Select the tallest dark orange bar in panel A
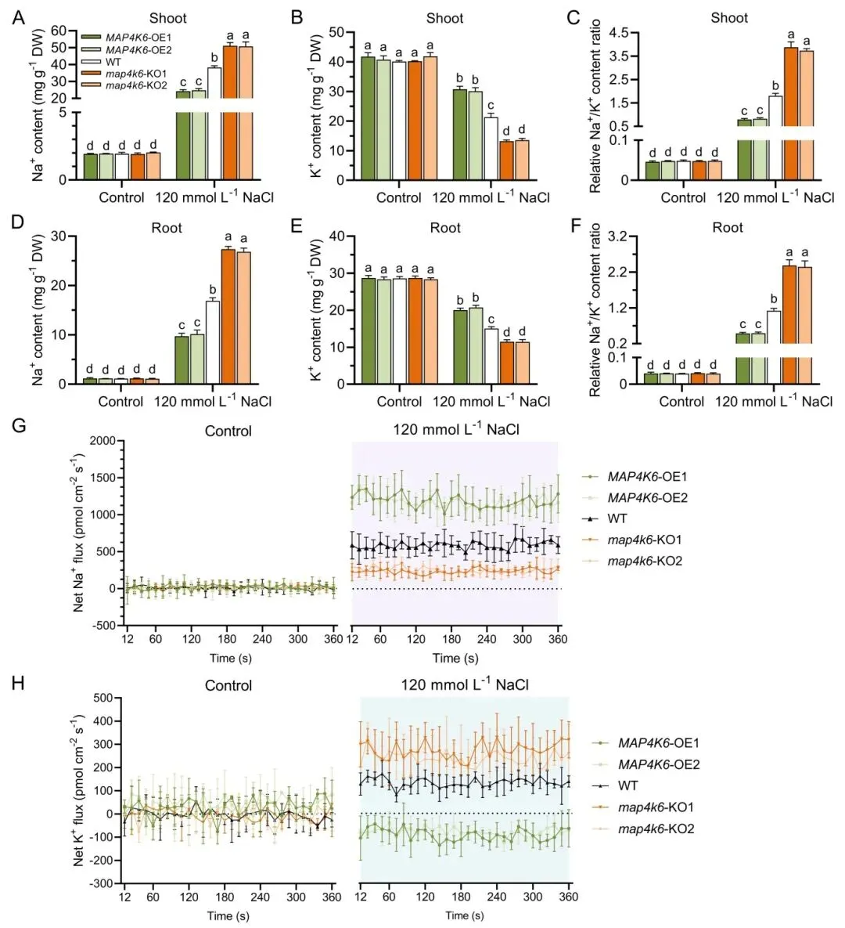point(230,112)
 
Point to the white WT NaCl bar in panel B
point(491,148)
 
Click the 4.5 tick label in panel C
point(618,33)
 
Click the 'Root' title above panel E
point(445,228)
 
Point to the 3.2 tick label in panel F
point(618,237)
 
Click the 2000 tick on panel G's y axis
point(101,441)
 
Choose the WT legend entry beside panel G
point(617,519)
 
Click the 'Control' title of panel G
point(228,431)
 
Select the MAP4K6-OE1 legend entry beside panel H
point(658,743)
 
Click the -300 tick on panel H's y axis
point(100,883)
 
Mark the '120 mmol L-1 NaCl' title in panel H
point(465,685)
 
